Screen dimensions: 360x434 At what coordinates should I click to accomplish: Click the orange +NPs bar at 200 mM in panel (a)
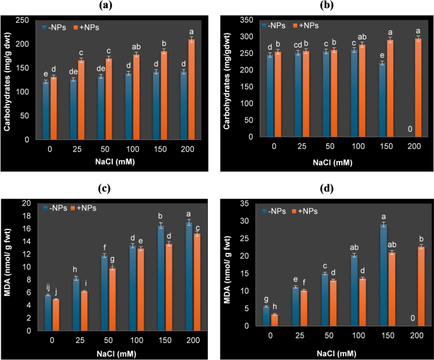(191, 89)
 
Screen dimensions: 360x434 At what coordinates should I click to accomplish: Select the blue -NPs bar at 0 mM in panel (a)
(46, 110)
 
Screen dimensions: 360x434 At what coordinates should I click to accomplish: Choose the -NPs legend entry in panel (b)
(274, 25)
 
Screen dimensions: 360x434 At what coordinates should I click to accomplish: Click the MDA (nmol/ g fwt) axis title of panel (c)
(8, 266)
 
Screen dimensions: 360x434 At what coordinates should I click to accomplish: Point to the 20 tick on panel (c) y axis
(25, 203)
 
